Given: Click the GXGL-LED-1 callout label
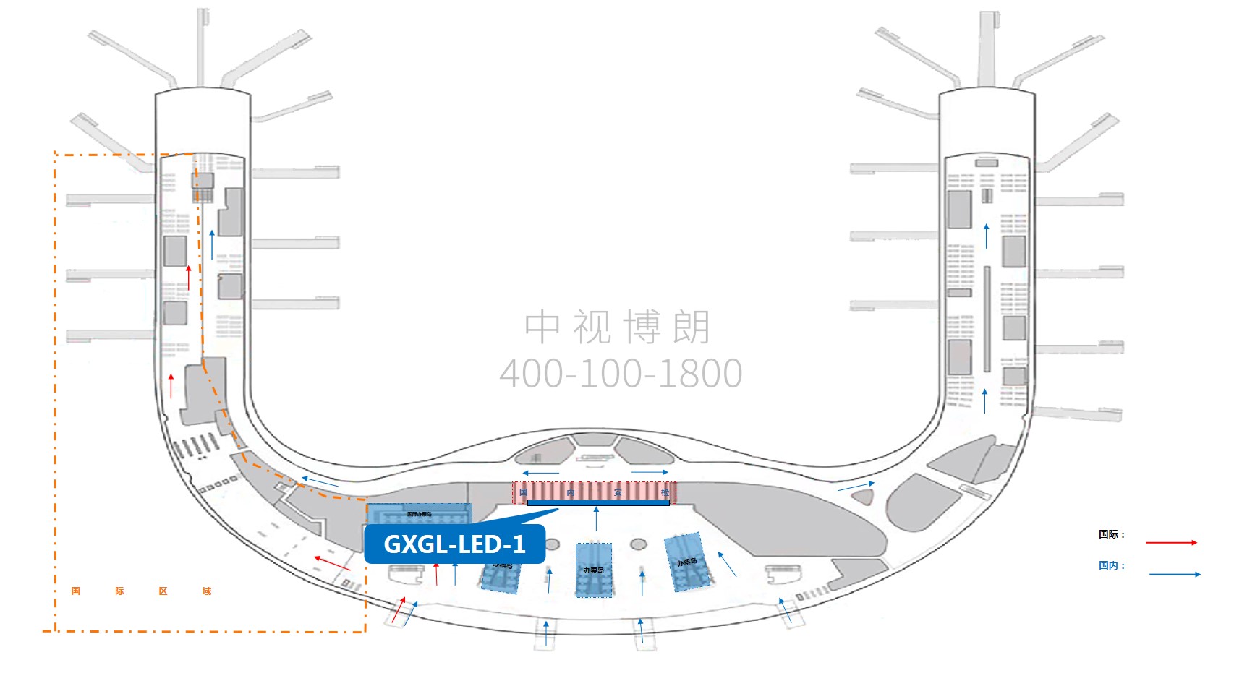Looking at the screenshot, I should coord(454,544).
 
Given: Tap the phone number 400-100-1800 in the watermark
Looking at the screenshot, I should coord(621,374).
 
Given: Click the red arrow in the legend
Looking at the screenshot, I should coord(1171,542).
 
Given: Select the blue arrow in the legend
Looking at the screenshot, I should coord(1174,574).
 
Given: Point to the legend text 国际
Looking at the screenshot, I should coord(1108,534).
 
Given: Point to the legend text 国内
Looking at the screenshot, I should coord(1108,565).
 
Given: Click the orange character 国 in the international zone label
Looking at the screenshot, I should coord(76,591).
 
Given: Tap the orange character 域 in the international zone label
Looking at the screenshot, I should coord(207,591).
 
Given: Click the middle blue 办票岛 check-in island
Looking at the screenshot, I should coord(594,570).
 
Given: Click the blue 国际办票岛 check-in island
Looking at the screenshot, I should coord(420,514).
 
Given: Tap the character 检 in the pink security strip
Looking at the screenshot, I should coord(665,492).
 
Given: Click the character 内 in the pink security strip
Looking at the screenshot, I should coord(571,492).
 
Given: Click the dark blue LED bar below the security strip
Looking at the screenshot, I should coord(598,502).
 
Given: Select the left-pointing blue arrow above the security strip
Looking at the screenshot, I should coord(540,474).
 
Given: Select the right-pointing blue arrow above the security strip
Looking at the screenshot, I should coord(650,473).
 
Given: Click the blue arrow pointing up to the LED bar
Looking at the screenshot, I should coord(596,518).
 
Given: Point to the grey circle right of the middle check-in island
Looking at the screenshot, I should coord(638,544).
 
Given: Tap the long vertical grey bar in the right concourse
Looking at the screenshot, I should coord(987,319).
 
